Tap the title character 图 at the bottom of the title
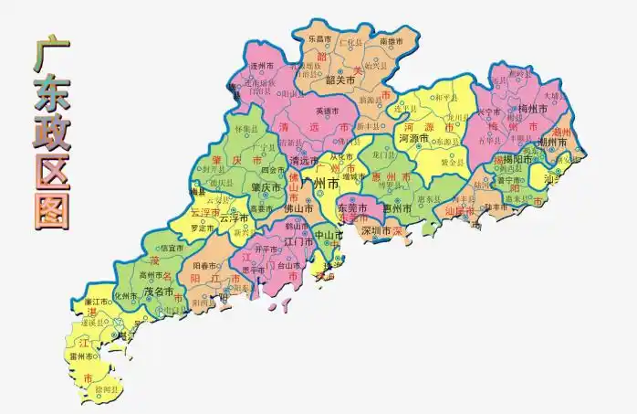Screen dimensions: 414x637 (50, 208)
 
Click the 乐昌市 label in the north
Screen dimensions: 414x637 (319, 39)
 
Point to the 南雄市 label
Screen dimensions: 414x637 (391, 41)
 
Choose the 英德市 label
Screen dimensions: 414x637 (327, 111)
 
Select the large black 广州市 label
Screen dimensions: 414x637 (325, 185)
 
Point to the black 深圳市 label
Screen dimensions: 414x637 (376, 231)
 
